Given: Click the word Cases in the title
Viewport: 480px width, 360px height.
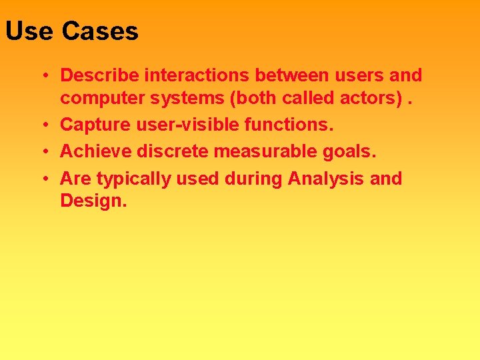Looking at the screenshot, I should point(100,31).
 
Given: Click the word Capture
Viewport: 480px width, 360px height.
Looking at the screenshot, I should point(92,125).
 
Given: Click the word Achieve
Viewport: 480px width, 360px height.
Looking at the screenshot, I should point(95,152).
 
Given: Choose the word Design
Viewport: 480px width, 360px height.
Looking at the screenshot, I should point(93,201).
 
